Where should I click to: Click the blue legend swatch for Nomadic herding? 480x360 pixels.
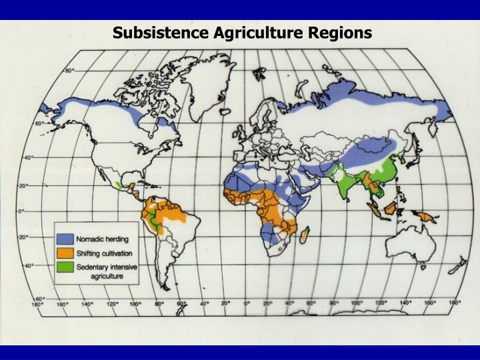(x=64, y=239)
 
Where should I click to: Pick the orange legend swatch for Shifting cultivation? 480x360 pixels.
(x=64, y=253)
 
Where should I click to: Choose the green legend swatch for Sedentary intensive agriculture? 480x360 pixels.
(x=64, y=268)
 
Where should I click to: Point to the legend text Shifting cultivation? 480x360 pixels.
(x=104, y=253)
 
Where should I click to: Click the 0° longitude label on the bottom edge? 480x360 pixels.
(x=247, y=304)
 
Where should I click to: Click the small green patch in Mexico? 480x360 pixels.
(x=119, y=183)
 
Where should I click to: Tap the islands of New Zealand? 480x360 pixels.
(x=459, y=267)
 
